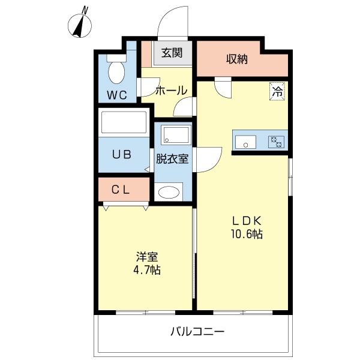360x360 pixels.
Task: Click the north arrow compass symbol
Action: [x=80, y=23]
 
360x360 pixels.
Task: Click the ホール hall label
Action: [x=171, y=91]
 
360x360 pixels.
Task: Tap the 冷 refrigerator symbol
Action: [x=277, y=92]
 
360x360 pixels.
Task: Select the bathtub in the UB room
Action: [x=125, y=123]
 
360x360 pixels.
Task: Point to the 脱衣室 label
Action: [x=172, y=159]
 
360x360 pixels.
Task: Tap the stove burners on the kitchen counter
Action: [x=276, y=142]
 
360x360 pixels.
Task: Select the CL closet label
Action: [x=121, y=190]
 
